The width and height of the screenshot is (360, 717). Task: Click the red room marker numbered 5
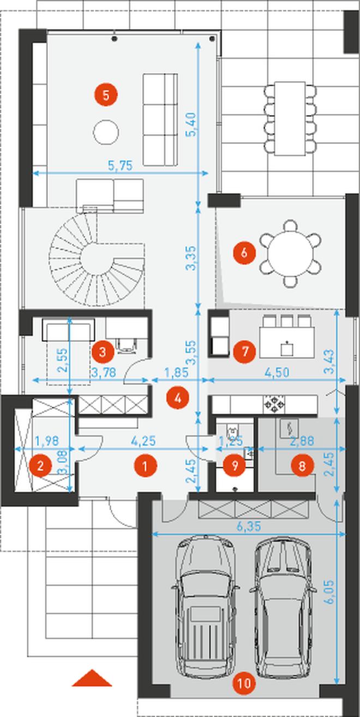tap(106, 95)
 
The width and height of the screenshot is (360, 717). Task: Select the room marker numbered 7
tap(245, 352)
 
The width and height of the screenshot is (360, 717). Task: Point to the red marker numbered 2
tap(40, 466)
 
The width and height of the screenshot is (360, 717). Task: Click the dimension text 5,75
tap(121, 166)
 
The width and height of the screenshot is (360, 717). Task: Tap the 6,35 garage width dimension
tap(249, 526)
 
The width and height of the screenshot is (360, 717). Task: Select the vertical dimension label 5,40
tap(191, 124)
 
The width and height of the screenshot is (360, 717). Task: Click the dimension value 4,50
tap(278, 372)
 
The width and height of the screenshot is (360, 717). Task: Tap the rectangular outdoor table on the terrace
tap(290, 119)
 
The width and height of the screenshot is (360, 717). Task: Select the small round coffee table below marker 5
tap(106, 132)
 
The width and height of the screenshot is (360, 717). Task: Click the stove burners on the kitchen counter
tap(274, 405)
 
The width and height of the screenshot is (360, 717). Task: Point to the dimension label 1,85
tap(176, 372)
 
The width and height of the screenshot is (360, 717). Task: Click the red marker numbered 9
tap(235, 466)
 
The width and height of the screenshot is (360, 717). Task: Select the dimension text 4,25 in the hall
tap(143, 441)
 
